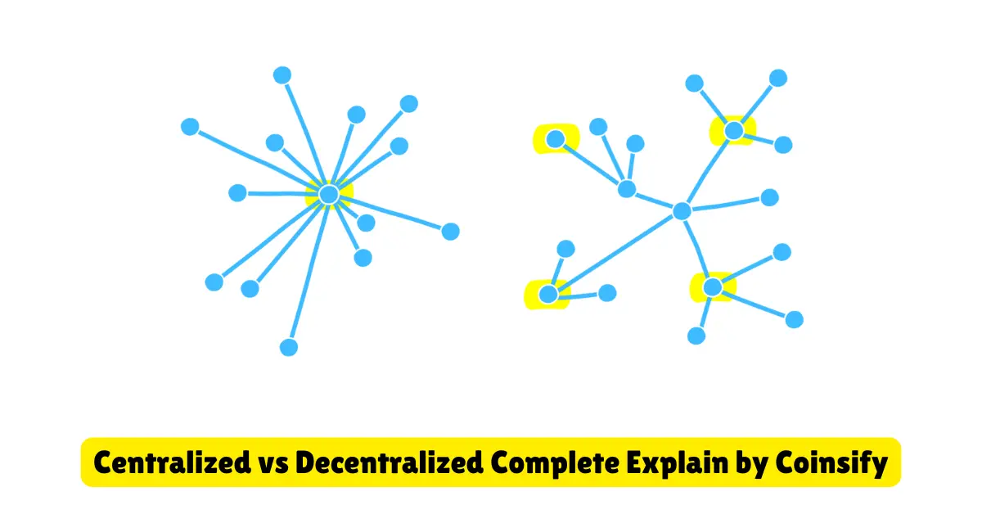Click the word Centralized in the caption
point(172,462)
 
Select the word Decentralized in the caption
point(390,462)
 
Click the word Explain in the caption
point(678,464)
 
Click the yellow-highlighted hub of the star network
point(329,194)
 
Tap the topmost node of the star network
point(282,75)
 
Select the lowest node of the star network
point(288,347)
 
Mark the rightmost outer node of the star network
point(450,232)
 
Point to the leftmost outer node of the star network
point(190,127)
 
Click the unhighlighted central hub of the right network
point(682,211)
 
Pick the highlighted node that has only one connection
point(556,139)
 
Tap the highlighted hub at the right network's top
point(734,130)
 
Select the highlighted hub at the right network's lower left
point(548,294)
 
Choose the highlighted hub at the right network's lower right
point(713,287)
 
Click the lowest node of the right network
point(696,336)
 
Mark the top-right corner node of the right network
point(778,78)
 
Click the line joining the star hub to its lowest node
point(309,271)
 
